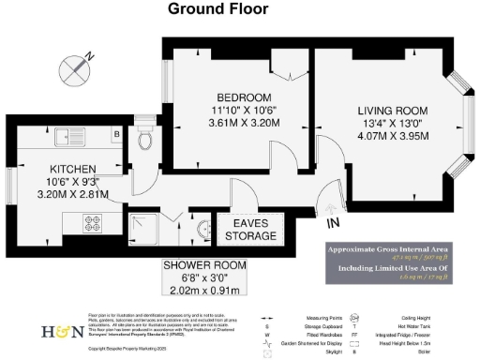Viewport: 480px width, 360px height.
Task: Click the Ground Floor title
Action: (x=217, y=9)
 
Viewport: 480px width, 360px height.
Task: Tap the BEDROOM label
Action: (x=244, y=97)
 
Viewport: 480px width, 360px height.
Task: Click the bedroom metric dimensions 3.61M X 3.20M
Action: (x=244, y=122)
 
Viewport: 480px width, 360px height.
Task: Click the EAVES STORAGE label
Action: (x=247, y=228)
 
